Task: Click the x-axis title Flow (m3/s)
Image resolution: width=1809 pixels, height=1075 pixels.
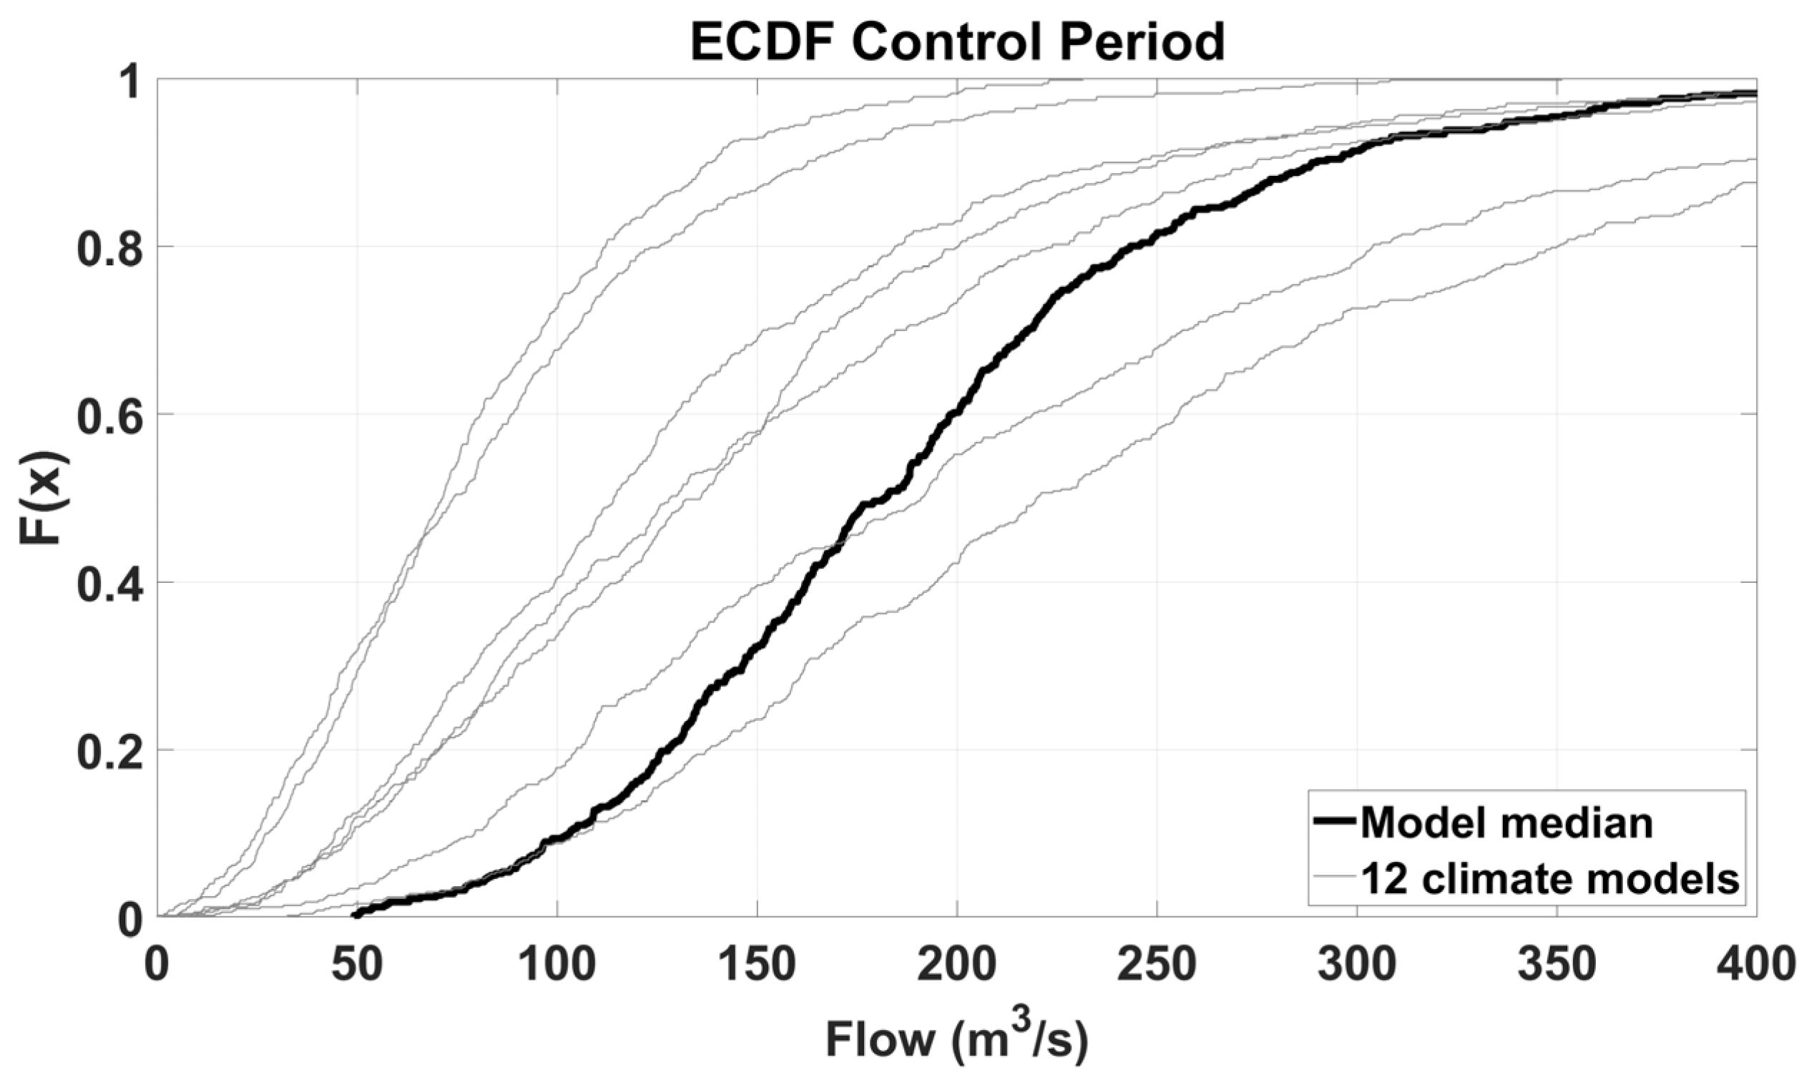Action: (x=957, y=1040)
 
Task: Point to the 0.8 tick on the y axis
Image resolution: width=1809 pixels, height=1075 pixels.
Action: (x=109, y=247)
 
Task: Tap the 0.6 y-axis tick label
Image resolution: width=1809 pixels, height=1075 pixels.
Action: (x=109, y=414)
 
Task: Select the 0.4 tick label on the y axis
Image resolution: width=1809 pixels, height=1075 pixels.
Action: (x=109, y=582)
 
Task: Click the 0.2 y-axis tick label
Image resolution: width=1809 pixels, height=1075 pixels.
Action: (x=109, y=750)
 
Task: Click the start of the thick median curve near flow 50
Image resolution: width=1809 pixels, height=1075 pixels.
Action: (x=357, y=914)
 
